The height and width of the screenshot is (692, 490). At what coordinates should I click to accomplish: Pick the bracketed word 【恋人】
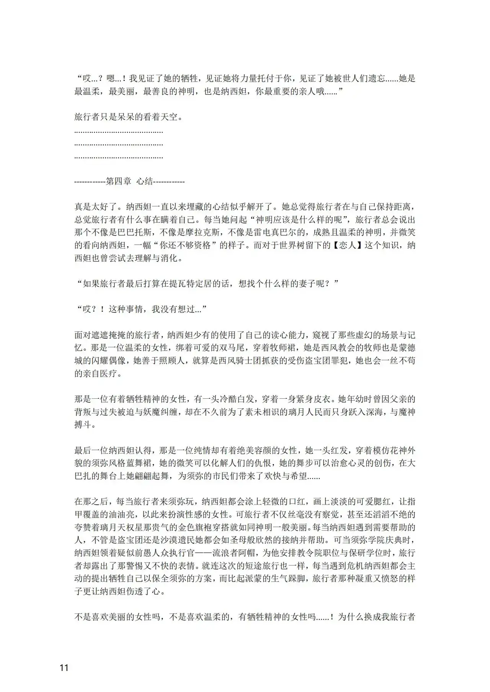point(346,245)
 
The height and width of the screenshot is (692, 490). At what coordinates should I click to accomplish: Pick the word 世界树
point(294,245)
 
